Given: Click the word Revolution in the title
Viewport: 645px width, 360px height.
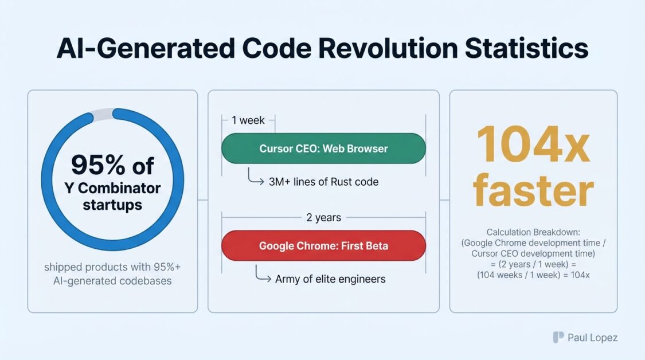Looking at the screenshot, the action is click(x=388, y=48).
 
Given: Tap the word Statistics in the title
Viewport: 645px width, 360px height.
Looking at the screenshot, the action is click(x=526, y=48).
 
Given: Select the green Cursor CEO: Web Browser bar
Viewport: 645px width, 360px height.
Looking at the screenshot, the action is click(x=323, y=148).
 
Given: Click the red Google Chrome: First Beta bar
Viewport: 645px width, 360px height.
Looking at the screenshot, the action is click(x=323, y=245).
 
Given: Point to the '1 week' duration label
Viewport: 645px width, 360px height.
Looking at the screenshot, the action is click(x=248, y=120).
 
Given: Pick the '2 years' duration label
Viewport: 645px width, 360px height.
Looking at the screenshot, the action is click(x=324, y=217).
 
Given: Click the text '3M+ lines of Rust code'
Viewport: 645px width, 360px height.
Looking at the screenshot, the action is click(x=324, y=182).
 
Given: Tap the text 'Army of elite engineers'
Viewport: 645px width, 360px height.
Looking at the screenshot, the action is click(x=330, y=279).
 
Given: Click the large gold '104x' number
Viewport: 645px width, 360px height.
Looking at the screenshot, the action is click(x=533, y=145).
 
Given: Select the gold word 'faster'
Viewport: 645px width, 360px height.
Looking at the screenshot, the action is click(x=534, y=190).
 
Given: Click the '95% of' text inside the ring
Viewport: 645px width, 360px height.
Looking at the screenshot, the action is click(x=112, y=165).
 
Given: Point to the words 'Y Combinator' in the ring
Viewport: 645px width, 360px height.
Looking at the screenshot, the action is click(x=112, y=188).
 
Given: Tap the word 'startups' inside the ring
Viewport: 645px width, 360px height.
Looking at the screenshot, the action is click(x=112, y=205).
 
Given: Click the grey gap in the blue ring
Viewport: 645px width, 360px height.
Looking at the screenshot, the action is click(x=103, y=115).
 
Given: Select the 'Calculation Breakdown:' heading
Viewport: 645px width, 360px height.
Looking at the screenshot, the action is click(x=533, y=232).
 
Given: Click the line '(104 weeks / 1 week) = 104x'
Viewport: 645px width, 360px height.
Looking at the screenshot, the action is click(x=533, y=275).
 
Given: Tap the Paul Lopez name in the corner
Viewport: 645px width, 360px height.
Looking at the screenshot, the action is click(x=592, y=338).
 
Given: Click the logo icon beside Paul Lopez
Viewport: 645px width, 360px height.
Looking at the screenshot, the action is click(x=558, y=338).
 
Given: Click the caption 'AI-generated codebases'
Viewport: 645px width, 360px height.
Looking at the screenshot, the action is click(x=112, y=281).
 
